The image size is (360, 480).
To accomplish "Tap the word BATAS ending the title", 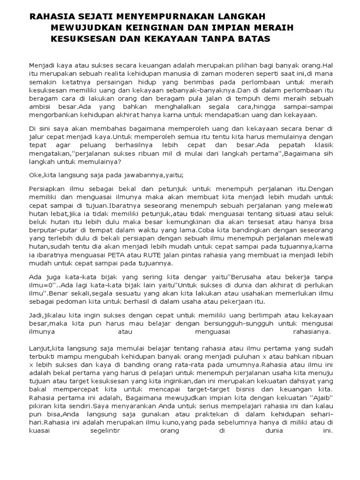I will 255,39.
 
